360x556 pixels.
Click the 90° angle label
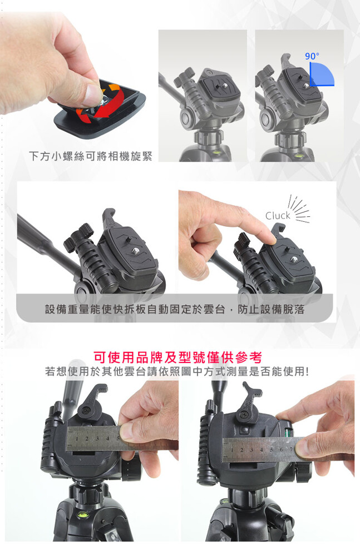click(312, 56)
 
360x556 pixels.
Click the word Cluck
click(278, 216)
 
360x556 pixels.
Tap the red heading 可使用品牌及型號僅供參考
click(178, 358)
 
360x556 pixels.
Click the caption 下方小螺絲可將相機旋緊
click(91, 156)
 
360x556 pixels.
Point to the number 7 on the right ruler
click(290, 449)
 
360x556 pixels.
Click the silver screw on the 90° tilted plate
click(305, 86)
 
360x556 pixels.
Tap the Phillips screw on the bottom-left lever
click(87, 411)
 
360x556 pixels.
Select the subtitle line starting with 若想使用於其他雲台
click(177, 371)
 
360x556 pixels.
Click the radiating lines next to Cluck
click(297, 209)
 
